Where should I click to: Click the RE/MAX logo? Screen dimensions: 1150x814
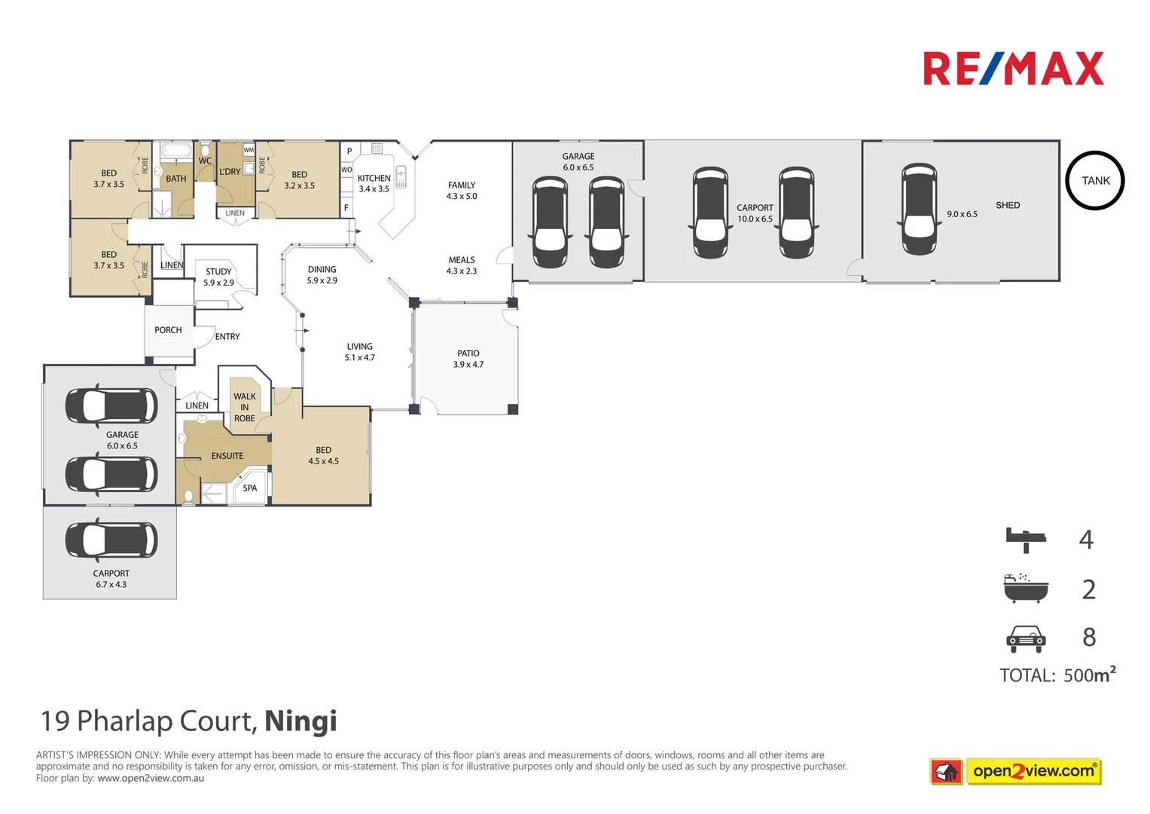[1013, 69]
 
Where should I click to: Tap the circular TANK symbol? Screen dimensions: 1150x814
[1095, 181]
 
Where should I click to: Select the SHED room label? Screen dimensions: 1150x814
[1008, 205]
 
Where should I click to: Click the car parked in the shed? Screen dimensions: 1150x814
[919, 209]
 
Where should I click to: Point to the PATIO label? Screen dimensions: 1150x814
[468, 353]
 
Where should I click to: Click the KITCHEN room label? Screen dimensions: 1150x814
[374, 179]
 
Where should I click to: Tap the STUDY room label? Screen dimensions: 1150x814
[218, 272]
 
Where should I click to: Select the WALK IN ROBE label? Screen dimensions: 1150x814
[245, 407]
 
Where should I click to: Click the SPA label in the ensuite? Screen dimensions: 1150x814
[250, 488]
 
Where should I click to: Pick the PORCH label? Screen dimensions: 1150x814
[168, 330]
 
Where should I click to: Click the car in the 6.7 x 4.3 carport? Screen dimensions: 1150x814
[111, 540]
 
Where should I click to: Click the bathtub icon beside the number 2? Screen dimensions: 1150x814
[1026, 589]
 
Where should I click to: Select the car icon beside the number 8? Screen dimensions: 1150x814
[1026, 638]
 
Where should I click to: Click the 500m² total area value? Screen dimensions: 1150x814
[1089, 675]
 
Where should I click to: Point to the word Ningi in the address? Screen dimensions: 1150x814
[300, 721]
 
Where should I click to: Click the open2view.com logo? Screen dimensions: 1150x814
[1033, 771]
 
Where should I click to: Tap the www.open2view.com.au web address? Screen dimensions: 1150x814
[151, 779]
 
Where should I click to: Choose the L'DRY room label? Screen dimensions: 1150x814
[230, 172]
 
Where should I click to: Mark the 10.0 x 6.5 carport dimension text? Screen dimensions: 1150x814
[755, 219]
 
